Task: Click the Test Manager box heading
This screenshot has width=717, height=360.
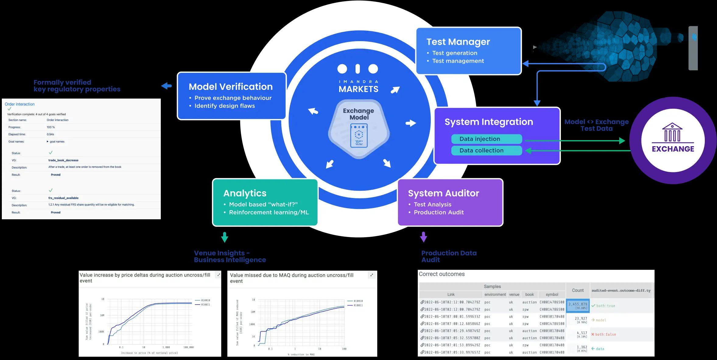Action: (x=458, y=42)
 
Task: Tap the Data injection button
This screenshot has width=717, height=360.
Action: (x=486, y=139)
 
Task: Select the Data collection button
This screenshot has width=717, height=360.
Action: (x=486, y=150)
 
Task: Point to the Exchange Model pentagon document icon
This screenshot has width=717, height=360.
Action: (x=359, y=135)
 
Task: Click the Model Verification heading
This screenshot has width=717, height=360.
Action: (x=230, y=87)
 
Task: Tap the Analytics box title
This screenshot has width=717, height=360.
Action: (x=245, y=193)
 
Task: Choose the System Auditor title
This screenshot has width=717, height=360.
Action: (x=443, y=193)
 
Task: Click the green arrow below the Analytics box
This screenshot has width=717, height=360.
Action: (x=225, y=237)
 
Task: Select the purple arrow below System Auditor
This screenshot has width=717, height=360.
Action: (x=424, y=237)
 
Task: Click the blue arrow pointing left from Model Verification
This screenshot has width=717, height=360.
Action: (x=167, y=86)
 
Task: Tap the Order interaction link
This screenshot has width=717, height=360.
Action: (x=20, y=104)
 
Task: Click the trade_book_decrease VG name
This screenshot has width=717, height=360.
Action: (x=63, y=160)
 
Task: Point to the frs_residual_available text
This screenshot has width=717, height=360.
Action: (x=63, y=198)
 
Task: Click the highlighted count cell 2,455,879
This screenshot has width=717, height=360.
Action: (x=578, y=305)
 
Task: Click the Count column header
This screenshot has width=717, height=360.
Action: (x=578, y=290)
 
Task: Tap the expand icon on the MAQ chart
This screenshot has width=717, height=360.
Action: (x=371, y=275)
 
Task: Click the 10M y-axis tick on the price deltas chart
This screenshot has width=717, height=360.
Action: (x=102, y=315)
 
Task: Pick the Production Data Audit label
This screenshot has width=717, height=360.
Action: (x=449, y=256)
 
